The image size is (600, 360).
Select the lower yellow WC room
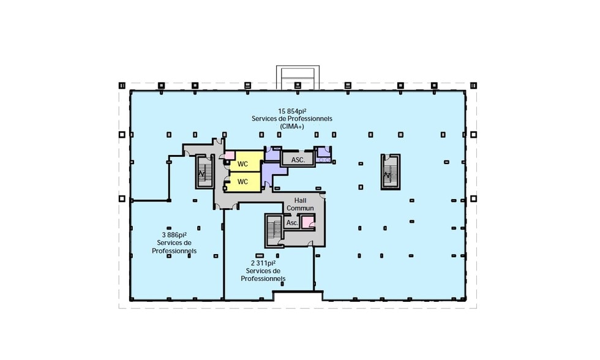(x=245, y=182)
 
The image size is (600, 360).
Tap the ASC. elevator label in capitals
(x=298, y=160)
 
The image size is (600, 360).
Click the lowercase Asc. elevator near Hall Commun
(x=292, y=222)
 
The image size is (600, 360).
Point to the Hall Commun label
(x=300, y=204)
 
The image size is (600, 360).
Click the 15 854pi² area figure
(x=292, y=111)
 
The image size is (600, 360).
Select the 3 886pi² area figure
(x=174, y=235)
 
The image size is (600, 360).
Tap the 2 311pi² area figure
(x=263, y=263)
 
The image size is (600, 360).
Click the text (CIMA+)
(x=292, y=126)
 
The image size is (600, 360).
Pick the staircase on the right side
(x=391, y=172)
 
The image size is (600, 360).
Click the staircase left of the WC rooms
(x=204, y=172)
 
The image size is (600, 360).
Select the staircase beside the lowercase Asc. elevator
(x=274, y=230)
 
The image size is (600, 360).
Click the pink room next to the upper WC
(x=229, y=156)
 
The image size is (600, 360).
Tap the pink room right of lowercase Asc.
(x=307, y=222)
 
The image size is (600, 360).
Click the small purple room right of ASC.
(x=324, y=153)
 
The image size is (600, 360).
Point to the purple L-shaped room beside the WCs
(x=273, y=170)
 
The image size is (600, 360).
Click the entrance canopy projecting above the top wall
(x=298, y=77)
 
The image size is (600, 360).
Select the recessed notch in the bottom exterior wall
(x=298, y=296)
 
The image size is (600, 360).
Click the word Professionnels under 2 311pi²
(x=263, y=279)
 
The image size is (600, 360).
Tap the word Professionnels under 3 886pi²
(x=174, y=251)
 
